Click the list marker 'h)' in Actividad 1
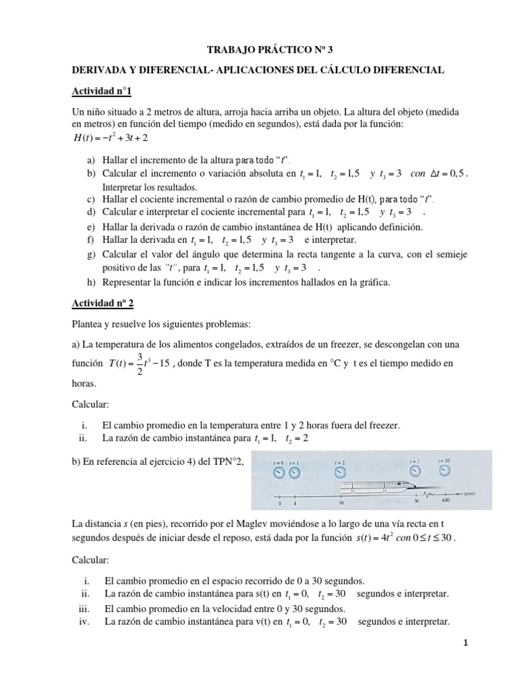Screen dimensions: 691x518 click(91, 281)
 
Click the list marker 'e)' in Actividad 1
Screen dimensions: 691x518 click(91, 228)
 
